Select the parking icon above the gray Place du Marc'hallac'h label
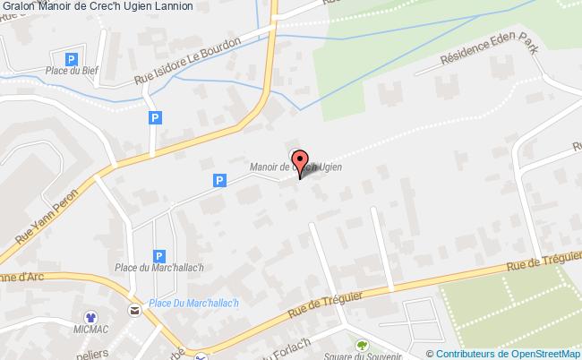point(158,254)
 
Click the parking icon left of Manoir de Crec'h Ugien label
point(218,181)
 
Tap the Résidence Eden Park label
point(488,52)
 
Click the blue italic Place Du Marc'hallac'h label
point(193,303)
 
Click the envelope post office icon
point(134,310)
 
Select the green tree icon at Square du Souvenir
point(363,345)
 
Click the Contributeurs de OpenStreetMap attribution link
point(508,353)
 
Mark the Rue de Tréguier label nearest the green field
point(543,260)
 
